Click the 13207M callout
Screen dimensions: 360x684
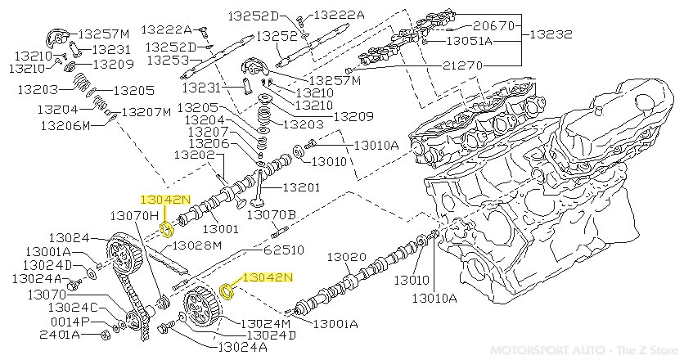146,111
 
